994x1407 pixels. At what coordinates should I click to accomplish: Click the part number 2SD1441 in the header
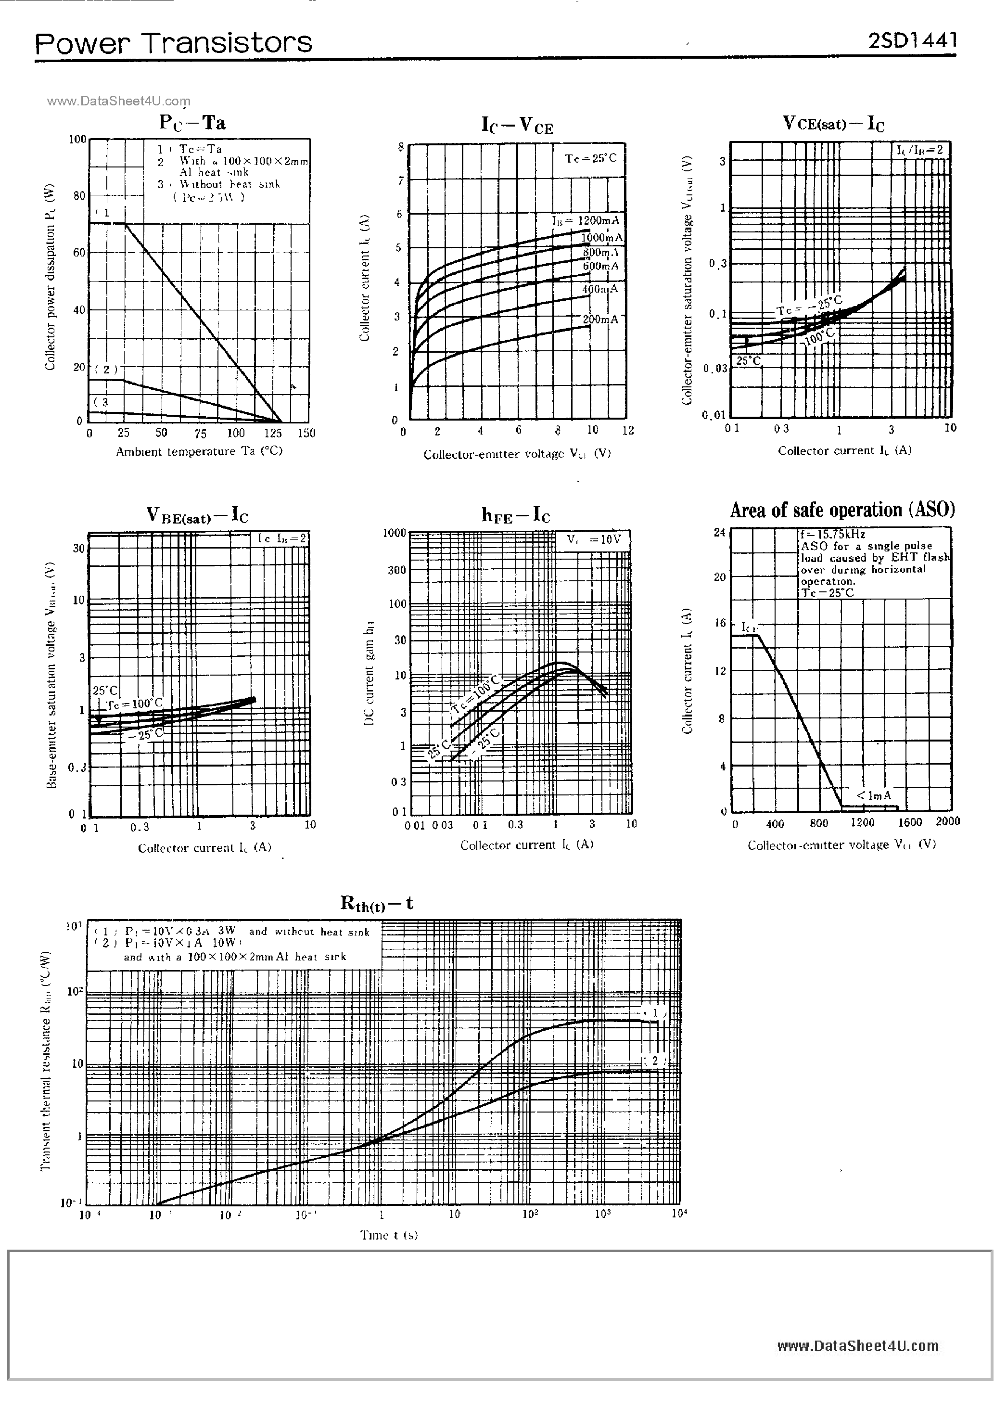pos(912,40)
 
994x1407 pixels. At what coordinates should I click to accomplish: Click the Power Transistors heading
pos(173,43)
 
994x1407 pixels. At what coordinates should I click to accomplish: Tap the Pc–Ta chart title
pos(192,123)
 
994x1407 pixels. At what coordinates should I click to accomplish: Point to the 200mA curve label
pos(600,320)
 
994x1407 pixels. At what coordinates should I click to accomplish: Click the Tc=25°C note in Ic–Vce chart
pos(591,158)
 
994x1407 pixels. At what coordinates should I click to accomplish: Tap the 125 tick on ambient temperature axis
pos(273,433)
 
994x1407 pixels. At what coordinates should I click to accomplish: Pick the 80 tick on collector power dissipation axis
pos(79,196)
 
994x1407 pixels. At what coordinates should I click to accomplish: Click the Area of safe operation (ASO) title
pos(842,510)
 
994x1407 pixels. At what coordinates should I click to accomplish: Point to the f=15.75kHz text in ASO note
pos(832,535)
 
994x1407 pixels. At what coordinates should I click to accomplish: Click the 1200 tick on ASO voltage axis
pos(862,822)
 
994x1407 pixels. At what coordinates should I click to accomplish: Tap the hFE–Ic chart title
pos(515,515)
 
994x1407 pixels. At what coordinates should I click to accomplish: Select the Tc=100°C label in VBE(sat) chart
pos(135,703)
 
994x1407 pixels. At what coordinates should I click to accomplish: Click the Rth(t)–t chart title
pos(376,903)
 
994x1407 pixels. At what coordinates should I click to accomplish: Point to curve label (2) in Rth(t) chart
pos(654,1061)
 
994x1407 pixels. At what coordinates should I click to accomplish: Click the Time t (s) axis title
pos(389,1235)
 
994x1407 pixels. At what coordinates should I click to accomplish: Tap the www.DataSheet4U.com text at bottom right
pos(857,1346)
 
